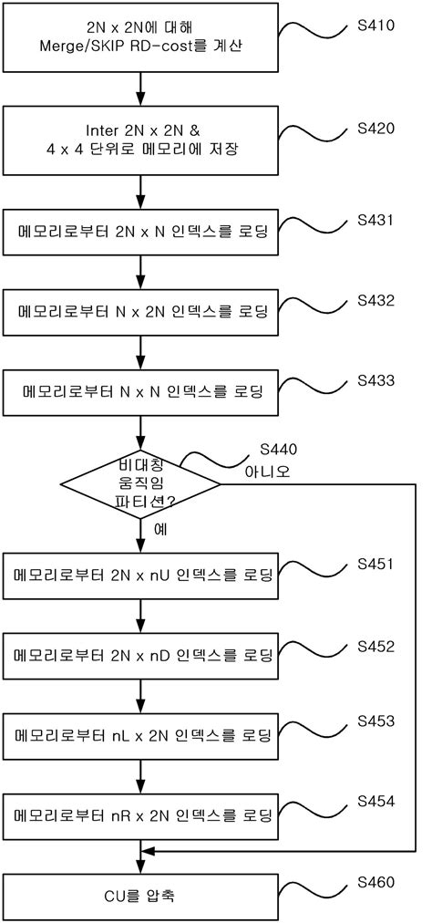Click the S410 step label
pos(376,25)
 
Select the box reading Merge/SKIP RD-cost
pos(140,36)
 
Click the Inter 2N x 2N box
pos(140,139)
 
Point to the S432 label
pos(376,298)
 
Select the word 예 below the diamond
pos(158,529)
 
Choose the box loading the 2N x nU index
pos(140,576)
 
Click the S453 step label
pos(376,721)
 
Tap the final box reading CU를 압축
pos(140,896)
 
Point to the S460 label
pos(376,882)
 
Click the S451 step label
pos(376,563)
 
